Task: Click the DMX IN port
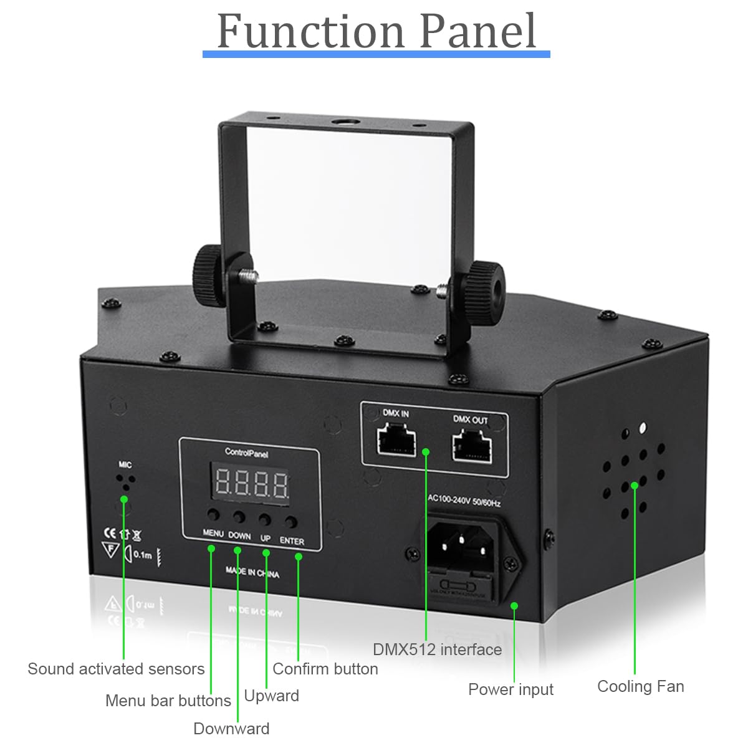(x=396, y=440)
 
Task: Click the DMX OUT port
(x=471, y=445)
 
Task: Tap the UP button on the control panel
(x=265, y=519)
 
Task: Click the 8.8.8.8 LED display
(x=251, y=482)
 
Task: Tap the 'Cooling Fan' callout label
(x=640, y=686)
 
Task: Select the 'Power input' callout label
(x=511, y=689)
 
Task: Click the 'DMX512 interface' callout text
(x=437, y=650)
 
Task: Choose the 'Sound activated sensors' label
(x=116, y=669)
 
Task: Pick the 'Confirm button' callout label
(x=325, y=669)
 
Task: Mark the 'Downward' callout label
(x=231, y=729)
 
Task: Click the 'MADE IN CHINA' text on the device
(x=252, y=572)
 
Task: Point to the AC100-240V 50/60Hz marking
(x=464, y=501)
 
